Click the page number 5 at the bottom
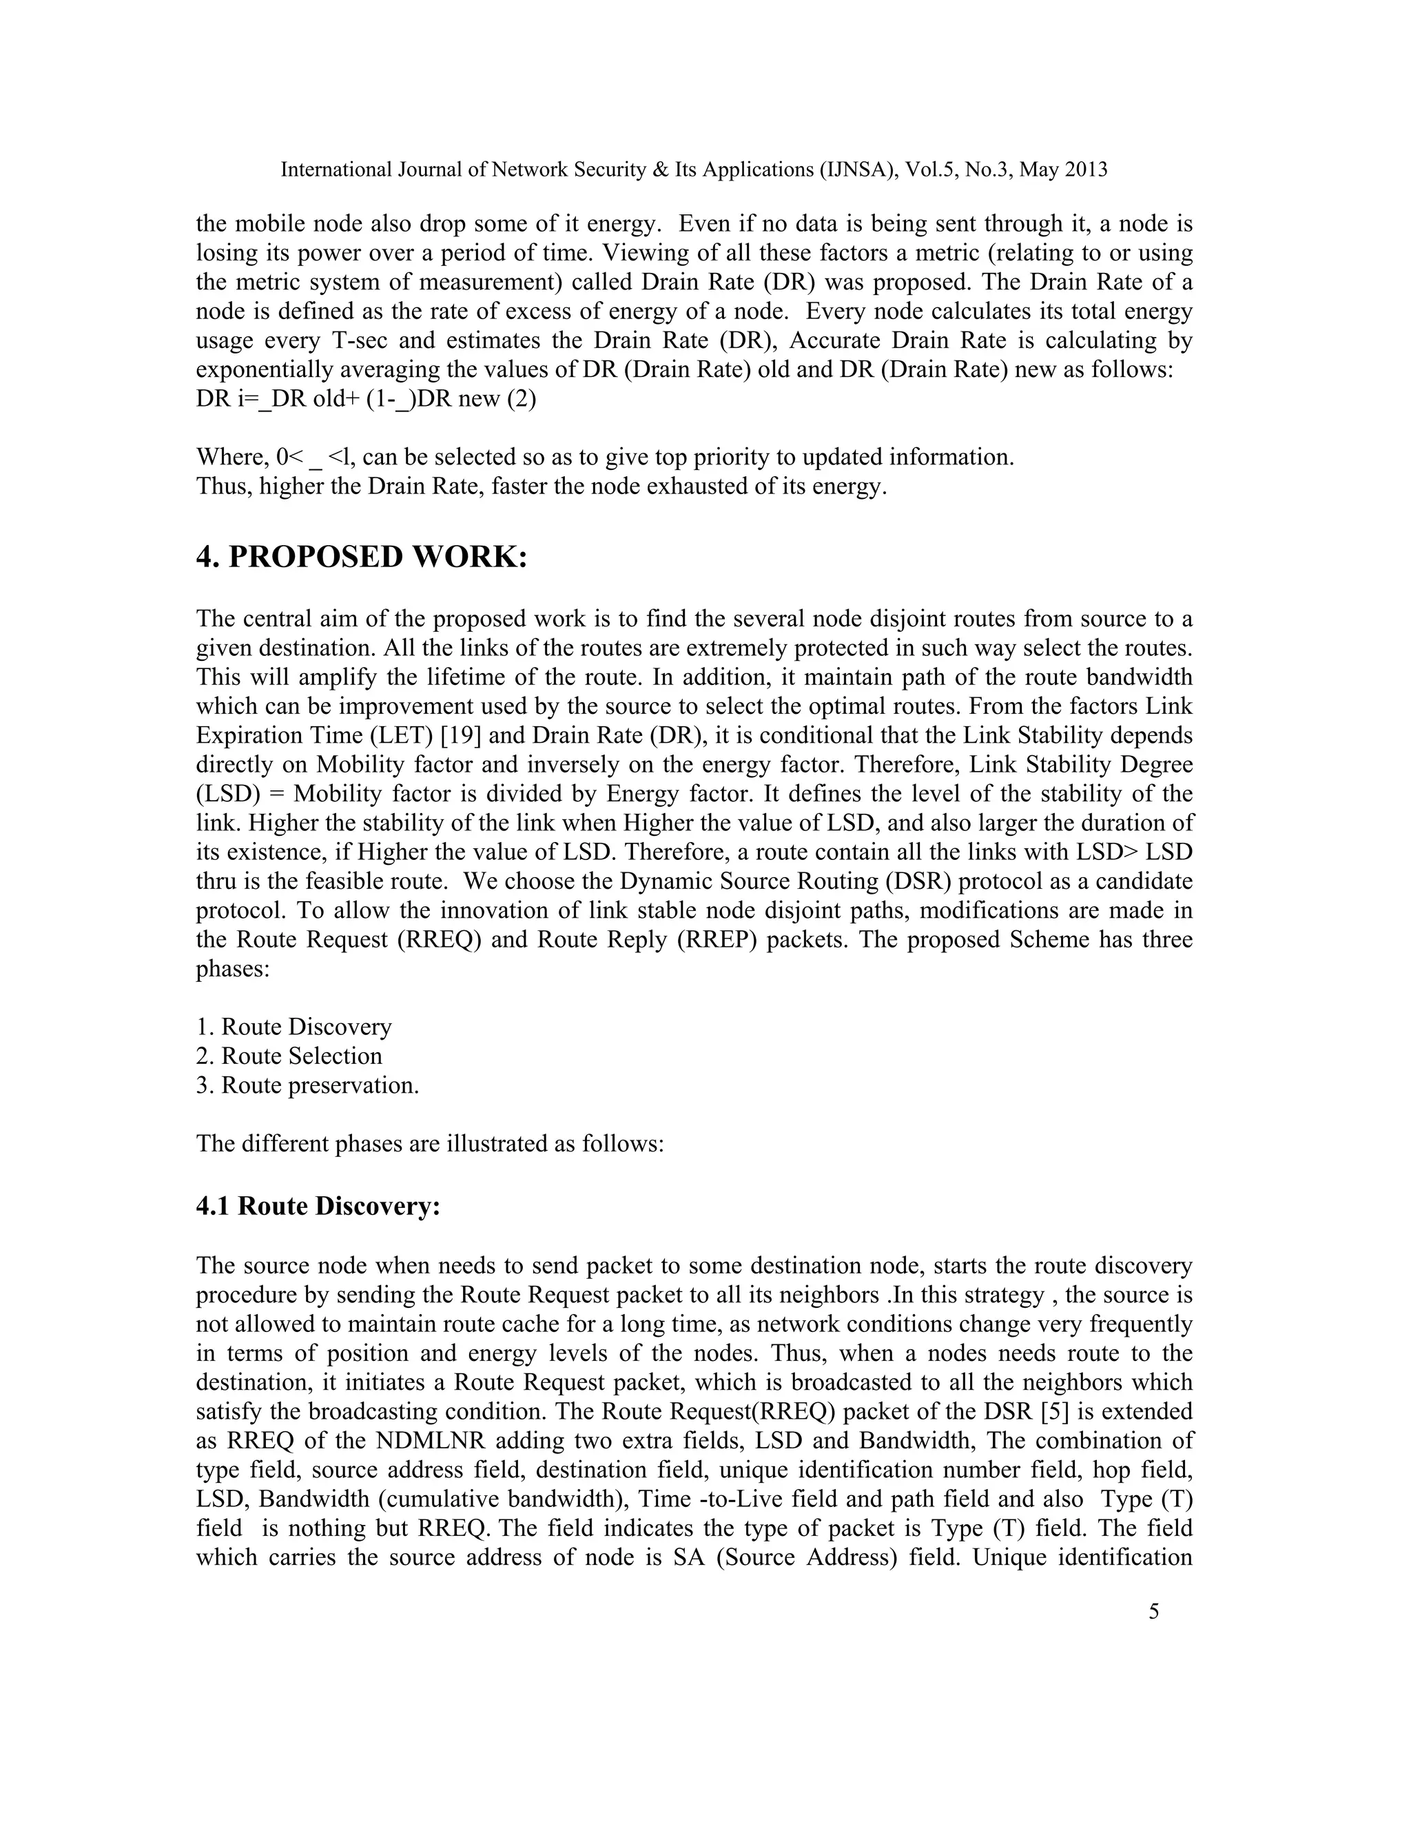pos(1153,1611)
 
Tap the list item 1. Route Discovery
pos(293,1027)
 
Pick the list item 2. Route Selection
pos(289,1056)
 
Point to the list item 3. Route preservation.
pos(307,1085)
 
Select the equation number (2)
pos(522,399)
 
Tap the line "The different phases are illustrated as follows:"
pos(430,1144)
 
